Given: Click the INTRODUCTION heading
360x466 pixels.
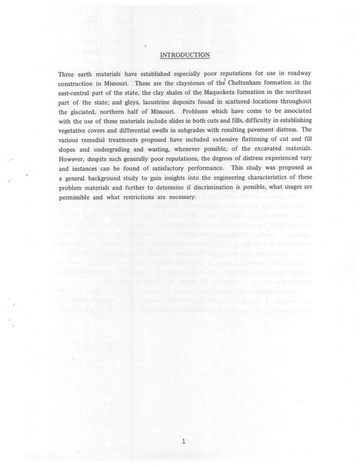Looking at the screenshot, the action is tap(184, 55).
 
